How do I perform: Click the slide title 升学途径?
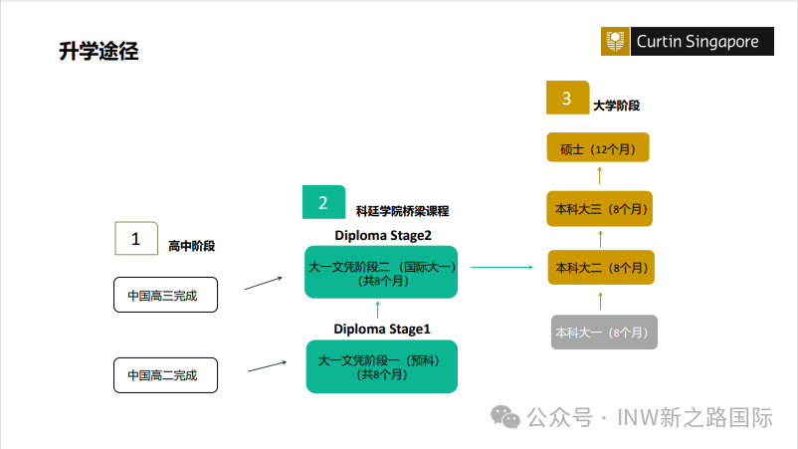pos(99,52)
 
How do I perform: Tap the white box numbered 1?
pos(136,239)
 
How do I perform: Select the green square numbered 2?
pos(323,203)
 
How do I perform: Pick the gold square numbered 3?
pos(567,98)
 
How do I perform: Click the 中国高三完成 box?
pos(164,296)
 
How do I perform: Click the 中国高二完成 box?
pos(164,375)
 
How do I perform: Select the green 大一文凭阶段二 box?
pos(381,272)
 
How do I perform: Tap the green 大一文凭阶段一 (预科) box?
pos(381,366)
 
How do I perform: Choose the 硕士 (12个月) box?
pos(598,149)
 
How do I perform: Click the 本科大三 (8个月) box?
pos(600,209)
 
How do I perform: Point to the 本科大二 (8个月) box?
pos(600,268)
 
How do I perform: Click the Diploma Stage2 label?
pos(382,235)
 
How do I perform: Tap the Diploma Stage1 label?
pos(382,329)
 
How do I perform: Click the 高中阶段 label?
pos(192,245)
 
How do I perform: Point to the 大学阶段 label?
pos(616,105)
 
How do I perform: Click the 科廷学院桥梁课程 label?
pos(402,211)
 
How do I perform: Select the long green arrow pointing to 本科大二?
pos(501,267)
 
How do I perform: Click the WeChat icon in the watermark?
pos(509,418)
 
